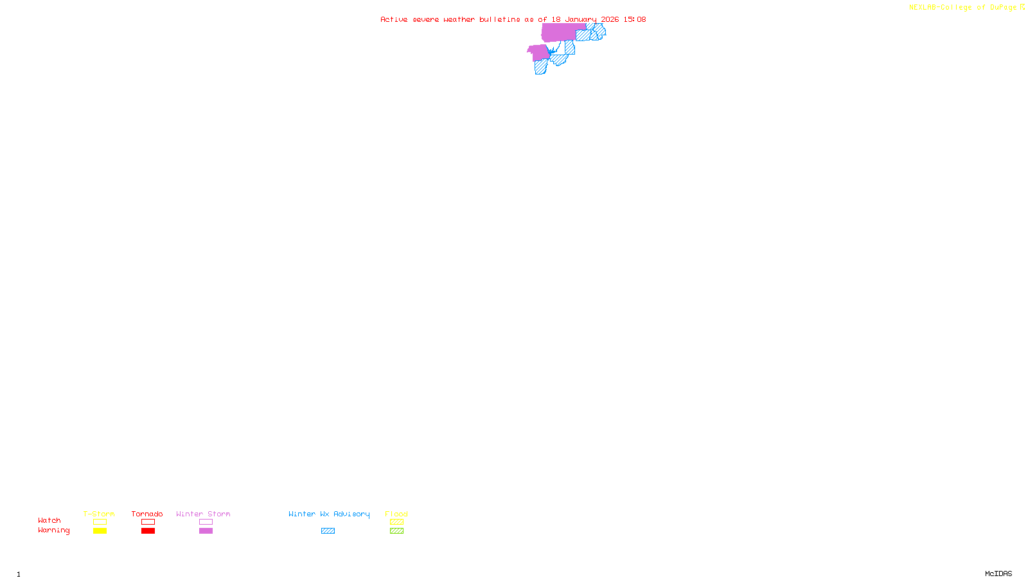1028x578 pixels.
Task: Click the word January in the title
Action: click(x=581, y=20)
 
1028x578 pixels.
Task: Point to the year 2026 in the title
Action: click(x=610, y=20)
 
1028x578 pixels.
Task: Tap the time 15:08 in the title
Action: click(x=635, y=20)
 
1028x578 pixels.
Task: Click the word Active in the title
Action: click(x=394, y=20)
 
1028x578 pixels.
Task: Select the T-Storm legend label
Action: click(x=99, y=514)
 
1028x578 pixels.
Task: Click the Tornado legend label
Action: click(x=147, y=514)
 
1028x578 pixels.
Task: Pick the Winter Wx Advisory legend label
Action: click(x=329, y=514)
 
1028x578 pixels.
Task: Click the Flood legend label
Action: click(x=396, y=514)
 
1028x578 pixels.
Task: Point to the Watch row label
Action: click(x=49, y=521)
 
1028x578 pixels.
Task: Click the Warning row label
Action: click(x=54, y=530)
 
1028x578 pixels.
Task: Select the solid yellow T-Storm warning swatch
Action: click(x=100, y=531)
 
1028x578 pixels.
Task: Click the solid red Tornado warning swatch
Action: click(x=148, y=531)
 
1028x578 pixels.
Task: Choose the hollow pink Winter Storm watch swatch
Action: click(x=206, y=522)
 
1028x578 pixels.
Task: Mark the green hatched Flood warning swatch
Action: click(x=396, y=531)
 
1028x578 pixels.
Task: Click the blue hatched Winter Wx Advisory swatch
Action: click(x=328, y=531)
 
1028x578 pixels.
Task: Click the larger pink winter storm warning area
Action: click(x=559, y=32)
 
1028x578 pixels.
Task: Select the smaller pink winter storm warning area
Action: click(x=538, y=53)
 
